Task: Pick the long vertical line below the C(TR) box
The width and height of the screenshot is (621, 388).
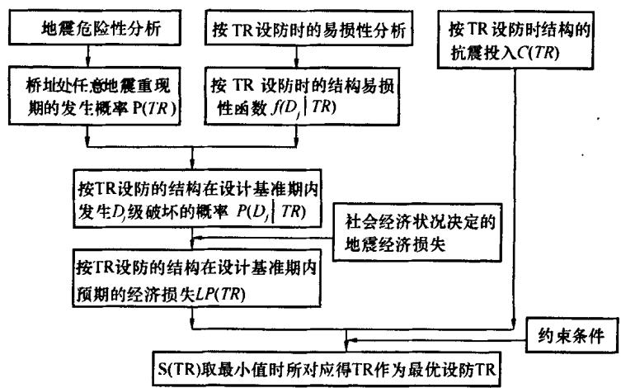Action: pyautogui.click(x=515, y=190)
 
